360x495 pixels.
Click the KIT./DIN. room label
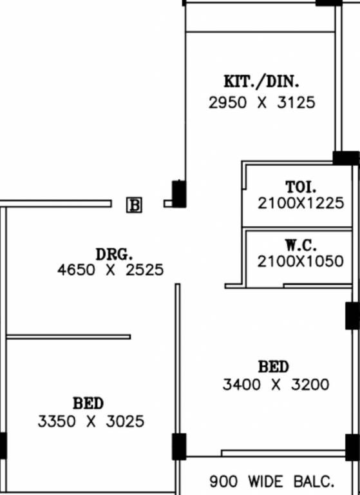[x=261, y=82]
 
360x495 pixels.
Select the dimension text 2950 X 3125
[x=262, y=103]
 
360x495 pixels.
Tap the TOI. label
[x=301, y=187]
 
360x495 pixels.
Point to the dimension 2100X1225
[x=301, y=203]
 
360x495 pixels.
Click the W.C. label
[x=300, y=246]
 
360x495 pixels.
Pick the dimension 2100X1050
[x=300, y=262]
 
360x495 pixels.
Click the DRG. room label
[x=114, y=255]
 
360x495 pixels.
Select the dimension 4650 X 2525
[x=110, y=270]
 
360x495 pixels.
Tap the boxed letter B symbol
[x=135, y=205]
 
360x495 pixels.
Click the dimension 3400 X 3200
[x=276, y=385]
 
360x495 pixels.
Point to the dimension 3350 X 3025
[x=91, y=422]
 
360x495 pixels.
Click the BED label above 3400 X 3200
[x=273, y=367]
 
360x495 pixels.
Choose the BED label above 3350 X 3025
[x=88, y=403]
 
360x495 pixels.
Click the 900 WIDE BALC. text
[x=272, y=481]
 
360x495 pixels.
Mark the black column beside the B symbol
[x=179, y=194]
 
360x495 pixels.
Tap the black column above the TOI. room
[x=346, y=158]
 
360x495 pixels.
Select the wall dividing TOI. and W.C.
[x=297, y=228]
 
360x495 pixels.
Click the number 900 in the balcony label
[x=224, y=481]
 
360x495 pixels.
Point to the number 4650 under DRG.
[x=76, y=270]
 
